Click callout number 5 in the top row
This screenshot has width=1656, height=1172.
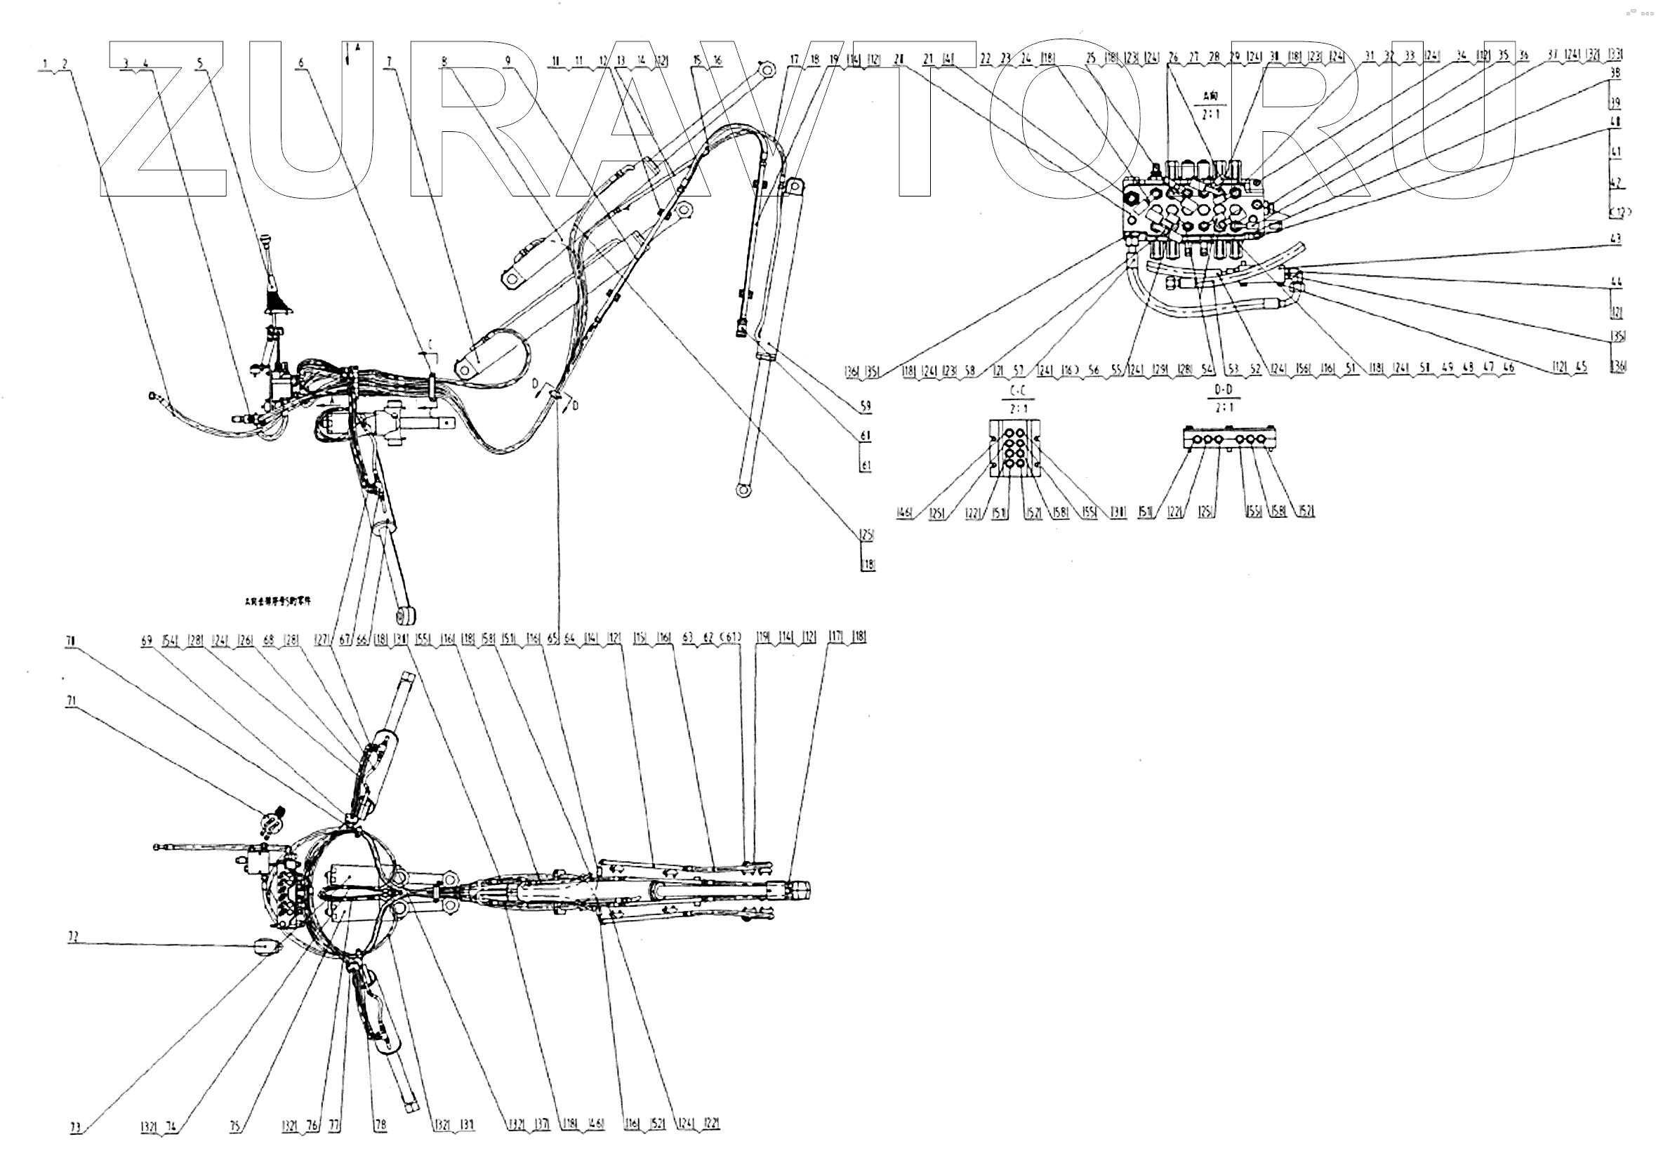pos(200,62)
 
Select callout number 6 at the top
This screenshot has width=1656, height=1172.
pos(301,62)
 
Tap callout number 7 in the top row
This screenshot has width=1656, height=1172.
pos(390,62)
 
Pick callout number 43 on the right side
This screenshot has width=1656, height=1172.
pos(1615,239)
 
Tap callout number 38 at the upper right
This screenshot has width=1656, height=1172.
pos(1615,73)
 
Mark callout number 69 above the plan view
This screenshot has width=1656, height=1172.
pos(147,640)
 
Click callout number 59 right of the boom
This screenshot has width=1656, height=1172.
pos(866,406)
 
